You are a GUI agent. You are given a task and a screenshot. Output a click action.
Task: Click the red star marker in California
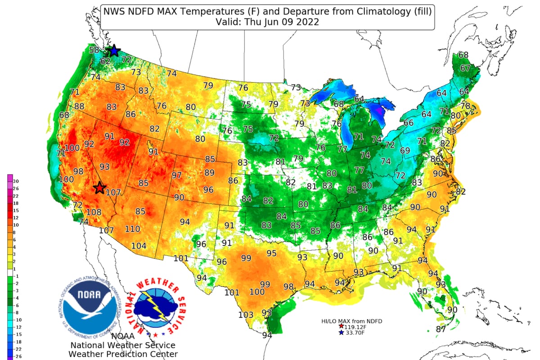pos(99,187)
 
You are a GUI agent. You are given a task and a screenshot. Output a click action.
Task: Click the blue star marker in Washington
pos(114,51)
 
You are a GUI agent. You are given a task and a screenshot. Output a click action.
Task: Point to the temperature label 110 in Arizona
pos(132,229)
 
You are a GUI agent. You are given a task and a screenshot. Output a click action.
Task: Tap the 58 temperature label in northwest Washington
pos(94,50)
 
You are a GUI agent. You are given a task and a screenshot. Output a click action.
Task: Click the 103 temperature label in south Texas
pos(246,315)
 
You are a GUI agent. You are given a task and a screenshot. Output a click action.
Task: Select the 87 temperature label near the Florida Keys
pos(441,329)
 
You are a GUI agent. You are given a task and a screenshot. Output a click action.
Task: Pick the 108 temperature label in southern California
pos(94,212)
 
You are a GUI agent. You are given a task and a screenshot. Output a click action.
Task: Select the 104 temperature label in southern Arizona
pos(139,246)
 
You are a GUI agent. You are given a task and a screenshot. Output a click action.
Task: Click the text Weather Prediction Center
pos(123,354)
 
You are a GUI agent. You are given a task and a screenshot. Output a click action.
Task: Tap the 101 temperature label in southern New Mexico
pos(181,258)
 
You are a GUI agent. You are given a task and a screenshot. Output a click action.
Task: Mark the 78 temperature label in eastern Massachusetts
pos(466,106)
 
